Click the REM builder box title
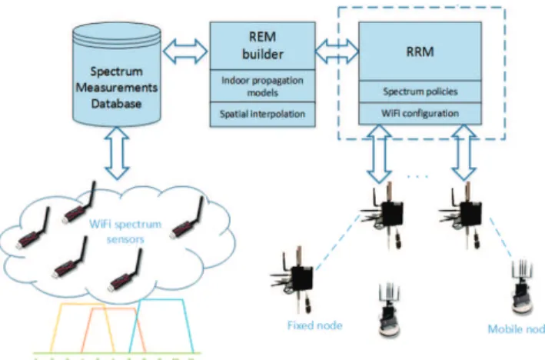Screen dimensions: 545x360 click(x=262, y=45)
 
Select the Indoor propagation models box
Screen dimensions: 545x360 click(x=263, y=86)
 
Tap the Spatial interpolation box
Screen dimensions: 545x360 click(x=263, y=114)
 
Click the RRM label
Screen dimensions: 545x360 click(x=420, y=52)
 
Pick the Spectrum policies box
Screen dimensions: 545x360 click(x=420, y=92)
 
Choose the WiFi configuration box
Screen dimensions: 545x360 click(x=420, y=113)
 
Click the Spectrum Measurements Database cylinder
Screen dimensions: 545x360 click(x=117, y=74)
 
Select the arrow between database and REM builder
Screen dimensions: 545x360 click(x=185, y=52)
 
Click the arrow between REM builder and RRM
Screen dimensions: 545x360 click(x=337, y=52)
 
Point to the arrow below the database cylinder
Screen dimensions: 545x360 click(x=117, y=153)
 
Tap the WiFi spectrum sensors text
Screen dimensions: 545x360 click(x=125, y=232)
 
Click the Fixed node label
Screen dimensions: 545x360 click(x=315, y=325)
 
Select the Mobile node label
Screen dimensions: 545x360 click(x=517, y=329)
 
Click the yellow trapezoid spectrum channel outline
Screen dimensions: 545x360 click(x=82, y=305)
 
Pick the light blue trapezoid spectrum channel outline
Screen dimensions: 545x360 click(x=161, y=299)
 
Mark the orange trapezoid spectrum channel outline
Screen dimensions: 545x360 click(x=113, y=308)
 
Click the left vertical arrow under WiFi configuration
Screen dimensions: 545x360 click(x=379, y=154)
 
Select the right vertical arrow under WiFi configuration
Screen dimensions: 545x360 click(x=464, y=153)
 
